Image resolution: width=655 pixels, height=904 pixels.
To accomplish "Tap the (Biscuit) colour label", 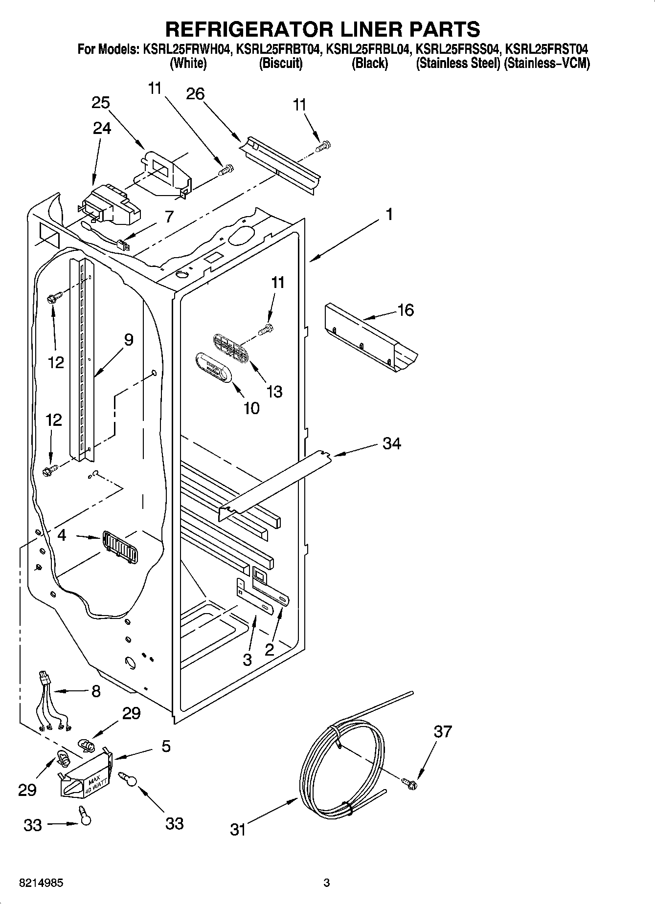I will [x=280, y=64].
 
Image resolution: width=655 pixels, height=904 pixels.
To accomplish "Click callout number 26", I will [x=195, y=93].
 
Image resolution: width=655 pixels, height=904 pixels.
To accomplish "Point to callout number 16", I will [x=406, y=310].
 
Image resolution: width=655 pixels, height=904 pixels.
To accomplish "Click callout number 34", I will [x=391, y=443].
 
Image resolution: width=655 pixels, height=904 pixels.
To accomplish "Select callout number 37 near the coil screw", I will [x=443, y=732].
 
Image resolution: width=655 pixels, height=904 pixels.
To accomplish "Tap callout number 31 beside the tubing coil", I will [x=238, y=829].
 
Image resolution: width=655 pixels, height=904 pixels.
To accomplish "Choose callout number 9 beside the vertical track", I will [x=128, y=340].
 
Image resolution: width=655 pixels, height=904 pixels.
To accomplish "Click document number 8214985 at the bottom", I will [x=41, y=883].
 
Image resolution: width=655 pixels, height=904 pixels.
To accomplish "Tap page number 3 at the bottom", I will [x=327, y=883].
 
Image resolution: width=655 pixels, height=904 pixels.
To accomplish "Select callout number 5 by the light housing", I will [x=166, y=747].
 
